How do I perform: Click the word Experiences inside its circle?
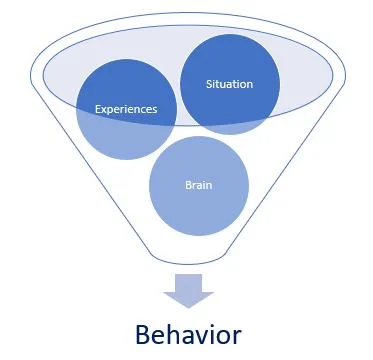click(127, 109)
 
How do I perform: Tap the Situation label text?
click(229, 84)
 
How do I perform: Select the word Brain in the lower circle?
click(198, 184)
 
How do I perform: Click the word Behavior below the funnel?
click(188, 331)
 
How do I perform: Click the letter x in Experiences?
click(105, 109)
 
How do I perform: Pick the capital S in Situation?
click(208, 84)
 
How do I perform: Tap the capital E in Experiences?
click(98, 109)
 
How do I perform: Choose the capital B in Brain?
click(187, 184)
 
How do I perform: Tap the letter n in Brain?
click(209, 185)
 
